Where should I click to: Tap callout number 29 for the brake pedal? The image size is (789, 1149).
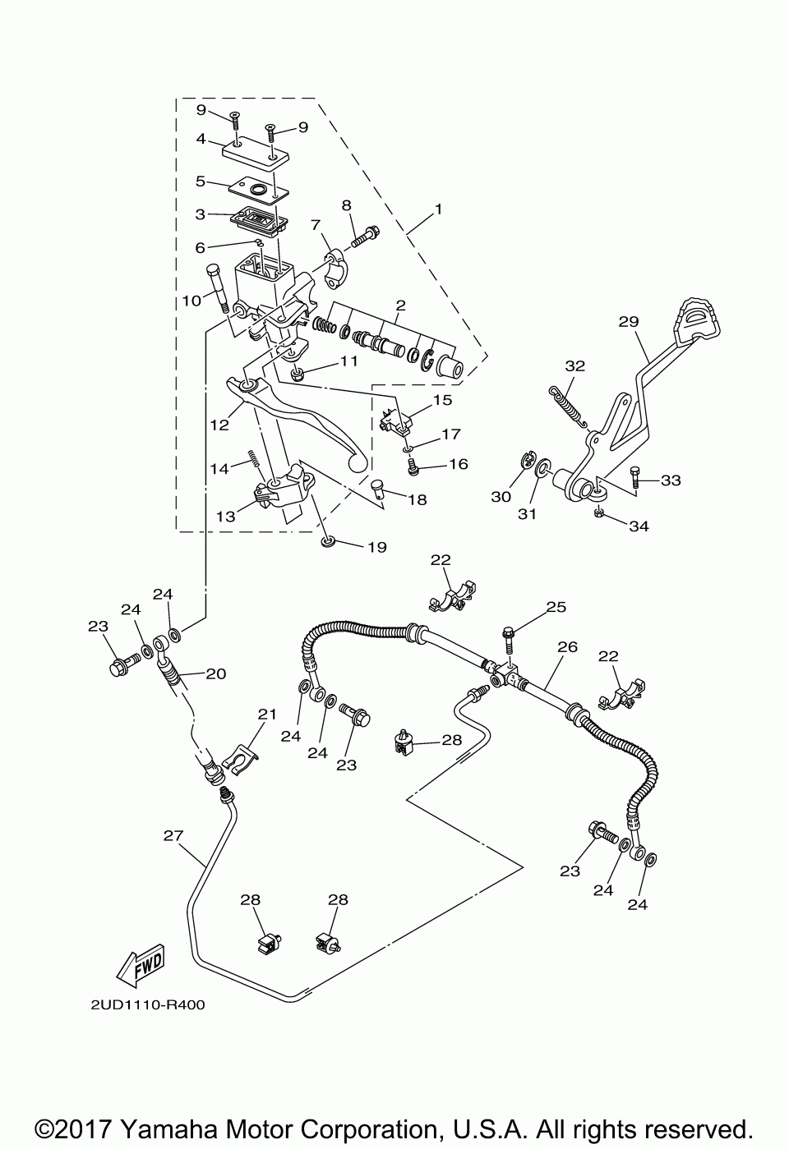pyautogui.click(x=629, y=322)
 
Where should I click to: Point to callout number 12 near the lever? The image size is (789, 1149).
pyautogui.click(x=219, y=425)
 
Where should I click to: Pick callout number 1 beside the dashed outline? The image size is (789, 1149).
pyautogui.click(x=438, y=209)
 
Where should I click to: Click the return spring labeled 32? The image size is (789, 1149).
pyautogui.click(x=569, y=406)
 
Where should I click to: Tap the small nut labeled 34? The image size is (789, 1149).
pyautogui.click(x=598, y=513)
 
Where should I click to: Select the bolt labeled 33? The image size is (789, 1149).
pyautogui.click(x=635, y=476)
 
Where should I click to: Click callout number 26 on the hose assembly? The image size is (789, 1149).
pyautogui.click(x=567, y=647)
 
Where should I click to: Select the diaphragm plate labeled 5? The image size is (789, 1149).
pyautogui.click(x=259, y=191)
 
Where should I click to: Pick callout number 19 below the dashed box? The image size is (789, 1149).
pyautogui.click(x=376, y=547)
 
